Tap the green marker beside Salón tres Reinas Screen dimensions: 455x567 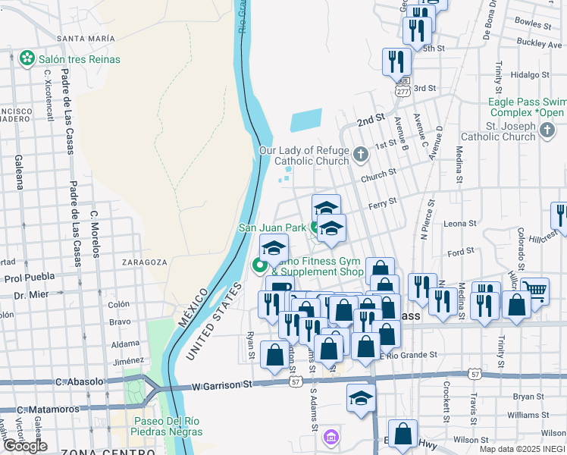pyautogui.click(x=28, y=58)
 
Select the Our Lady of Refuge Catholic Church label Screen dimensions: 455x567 pyautogui.click(x=305, y=155)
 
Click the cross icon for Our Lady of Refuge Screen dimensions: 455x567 pyautogui.click(x=360, y=155)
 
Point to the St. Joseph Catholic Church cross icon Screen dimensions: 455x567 pyautogui.click(x=547, y=131)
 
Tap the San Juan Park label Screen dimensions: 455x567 pyautogui.click(x=272, y=227)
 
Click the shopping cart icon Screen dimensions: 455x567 pyautogui.click(x=535, y=290)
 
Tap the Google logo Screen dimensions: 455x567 pyautogui.click(x=25, y=446)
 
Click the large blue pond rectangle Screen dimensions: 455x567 pyautogui.click(x=306, y=121)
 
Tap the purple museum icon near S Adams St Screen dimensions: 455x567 pyautogui.click(x=330, y=437)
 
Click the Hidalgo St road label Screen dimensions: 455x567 pyautogui.click(x=530, y=74)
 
